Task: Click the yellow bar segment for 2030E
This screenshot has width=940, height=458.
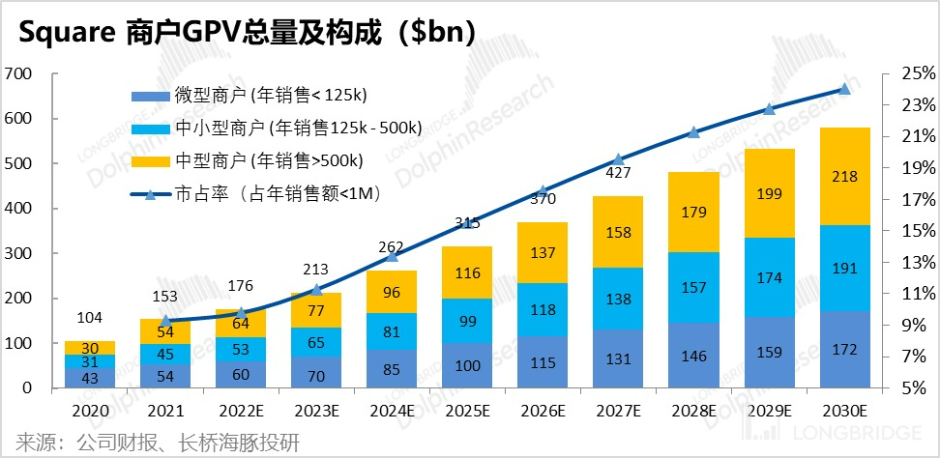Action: [x=842, y=177]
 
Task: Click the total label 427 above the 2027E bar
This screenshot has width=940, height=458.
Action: [x=617, y=173]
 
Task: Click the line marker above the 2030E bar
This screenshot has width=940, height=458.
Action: [x=843, y=89]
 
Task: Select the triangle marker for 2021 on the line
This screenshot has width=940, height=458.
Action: [x=165, y=321]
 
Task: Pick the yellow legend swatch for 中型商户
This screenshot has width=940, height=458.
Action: [x=150, y=160]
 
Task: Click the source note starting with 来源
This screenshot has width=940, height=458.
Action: [x=155, y=443]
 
